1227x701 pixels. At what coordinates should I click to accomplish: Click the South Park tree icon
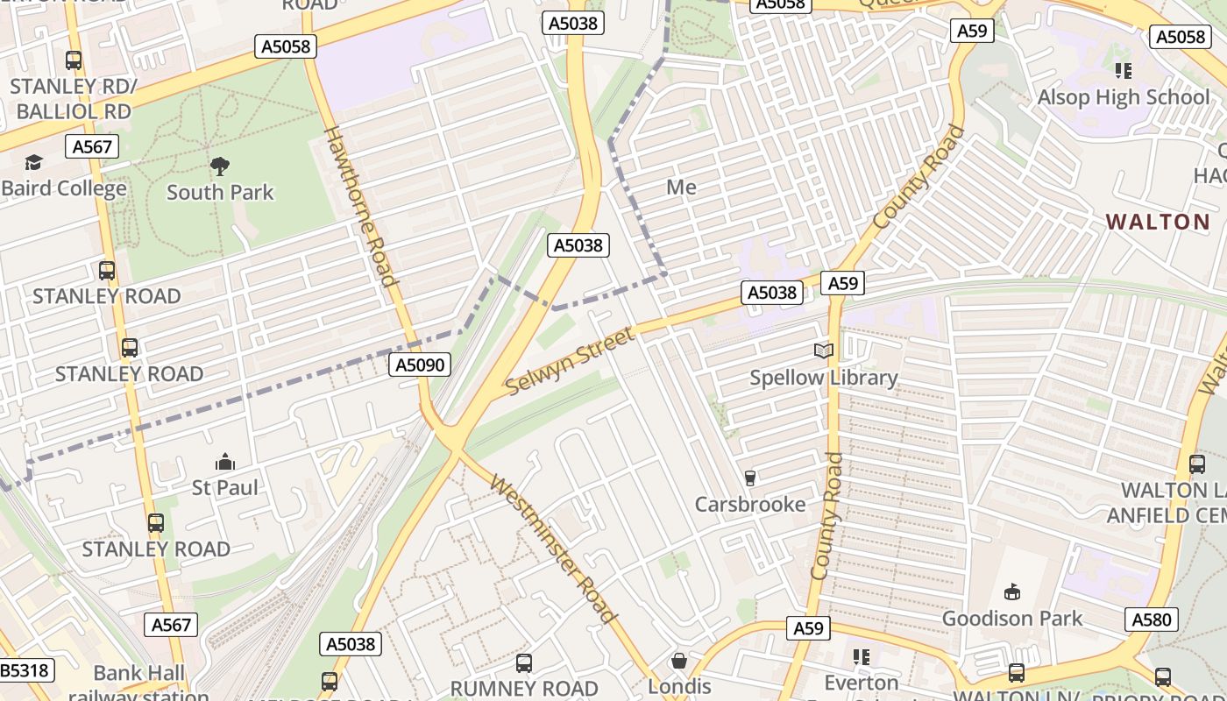220,166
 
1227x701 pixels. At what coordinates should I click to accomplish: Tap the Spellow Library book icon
823,351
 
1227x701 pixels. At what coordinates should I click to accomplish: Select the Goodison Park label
1012,618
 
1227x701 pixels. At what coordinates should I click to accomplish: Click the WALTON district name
1157,222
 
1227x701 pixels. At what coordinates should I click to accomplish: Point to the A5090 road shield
420,365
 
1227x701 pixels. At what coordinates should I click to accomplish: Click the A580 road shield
1151,620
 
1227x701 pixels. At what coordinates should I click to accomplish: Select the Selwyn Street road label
569,360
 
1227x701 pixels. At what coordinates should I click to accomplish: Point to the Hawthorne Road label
362,207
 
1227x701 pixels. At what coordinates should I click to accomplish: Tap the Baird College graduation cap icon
33,163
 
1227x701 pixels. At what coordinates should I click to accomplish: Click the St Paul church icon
225,462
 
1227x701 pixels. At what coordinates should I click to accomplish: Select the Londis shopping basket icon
679,661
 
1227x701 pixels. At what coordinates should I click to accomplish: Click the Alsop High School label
1123,97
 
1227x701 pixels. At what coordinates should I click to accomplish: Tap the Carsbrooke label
750,504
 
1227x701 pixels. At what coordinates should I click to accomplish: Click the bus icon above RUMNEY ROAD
524,662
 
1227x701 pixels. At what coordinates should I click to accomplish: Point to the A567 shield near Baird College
92,146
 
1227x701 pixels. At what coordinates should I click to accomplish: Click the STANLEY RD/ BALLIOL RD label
74,99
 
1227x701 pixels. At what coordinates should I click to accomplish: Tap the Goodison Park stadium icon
1012,592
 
